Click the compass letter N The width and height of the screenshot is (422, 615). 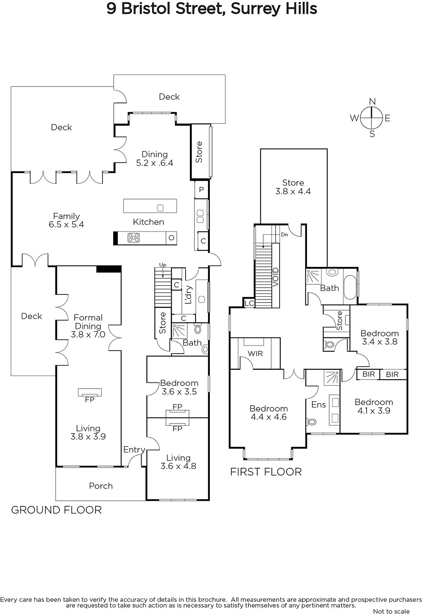372,102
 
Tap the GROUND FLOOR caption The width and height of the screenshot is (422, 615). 56,510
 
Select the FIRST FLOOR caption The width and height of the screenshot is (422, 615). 266,472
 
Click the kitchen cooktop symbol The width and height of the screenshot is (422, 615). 134,238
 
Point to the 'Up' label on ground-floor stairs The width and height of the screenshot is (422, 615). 163,265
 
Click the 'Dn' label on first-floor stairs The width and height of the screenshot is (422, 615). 284,234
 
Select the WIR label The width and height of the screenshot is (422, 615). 255,354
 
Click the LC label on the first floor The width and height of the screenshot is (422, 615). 249,303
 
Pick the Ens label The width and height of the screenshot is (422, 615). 318,404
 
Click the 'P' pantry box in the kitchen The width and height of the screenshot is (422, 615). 201,190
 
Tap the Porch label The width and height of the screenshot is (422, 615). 101,486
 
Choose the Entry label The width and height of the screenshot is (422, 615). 134,450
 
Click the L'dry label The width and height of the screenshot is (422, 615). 188,295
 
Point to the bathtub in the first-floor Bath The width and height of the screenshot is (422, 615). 350,287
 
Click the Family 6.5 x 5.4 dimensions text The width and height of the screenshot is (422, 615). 66,224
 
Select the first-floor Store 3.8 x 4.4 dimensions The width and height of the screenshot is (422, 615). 293,191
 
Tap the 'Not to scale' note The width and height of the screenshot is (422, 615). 391,611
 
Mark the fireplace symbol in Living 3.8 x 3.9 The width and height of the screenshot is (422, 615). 90,392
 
